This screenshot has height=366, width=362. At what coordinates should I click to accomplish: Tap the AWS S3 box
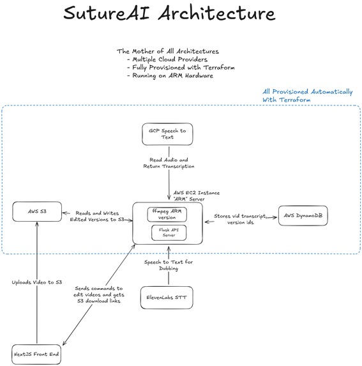[38, 211]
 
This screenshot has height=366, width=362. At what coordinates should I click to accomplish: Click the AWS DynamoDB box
[303, 216]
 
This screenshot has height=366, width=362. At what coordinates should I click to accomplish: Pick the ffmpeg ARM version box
[168, 213]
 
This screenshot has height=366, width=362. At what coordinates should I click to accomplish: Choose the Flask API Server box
[168, 233]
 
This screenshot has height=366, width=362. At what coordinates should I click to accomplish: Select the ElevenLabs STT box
[167, 297]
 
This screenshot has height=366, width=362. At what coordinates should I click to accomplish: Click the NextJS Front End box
[38, 353]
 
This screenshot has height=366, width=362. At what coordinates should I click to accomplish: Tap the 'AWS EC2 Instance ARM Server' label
[199, 195]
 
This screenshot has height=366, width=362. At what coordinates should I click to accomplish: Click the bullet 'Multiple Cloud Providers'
[169, 59]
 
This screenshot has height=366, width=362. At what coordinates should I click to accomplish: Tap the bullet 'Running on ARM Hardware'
[170, 76]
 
